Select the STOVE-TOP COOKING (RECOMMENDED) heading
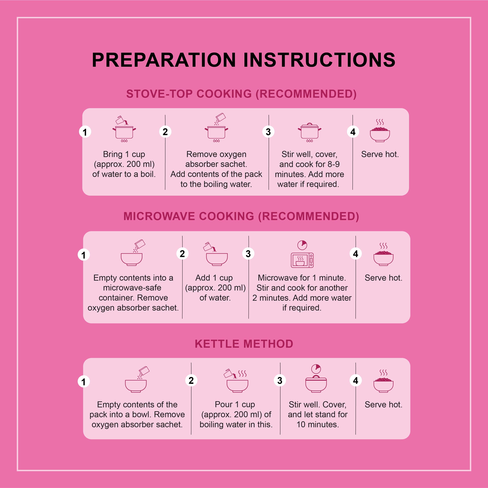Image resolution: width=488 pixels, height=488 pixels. tap(241, 94)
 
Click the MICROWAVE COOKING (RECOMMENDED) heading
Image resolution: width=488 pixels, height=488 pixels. tap(241, 216)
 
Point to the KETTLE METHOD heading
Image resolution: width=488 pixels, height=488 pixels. tap(244, 344)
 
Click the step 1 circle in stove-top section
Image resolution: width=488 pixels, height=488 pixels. tap(85, 132)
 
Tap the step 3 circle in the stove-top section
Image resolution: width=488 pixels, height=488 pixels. tap(268, 132)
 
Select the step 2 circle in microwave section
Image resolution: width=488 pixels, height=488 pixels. tap(182, 254)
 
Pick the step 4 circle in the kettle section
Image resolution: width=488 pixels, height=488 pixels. tap(356, 380)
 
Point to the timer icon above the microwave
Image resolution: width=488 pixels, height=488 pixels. tap(302, 245)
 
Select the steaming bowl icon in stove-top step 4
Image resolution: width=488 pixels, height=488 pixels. tap(380, 131)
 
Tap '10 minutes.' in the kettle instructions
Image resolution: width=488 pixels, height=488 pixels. tap(318, 425)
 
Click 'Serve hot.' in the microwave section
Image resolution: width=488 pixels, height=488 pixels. tap(383, 278)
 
